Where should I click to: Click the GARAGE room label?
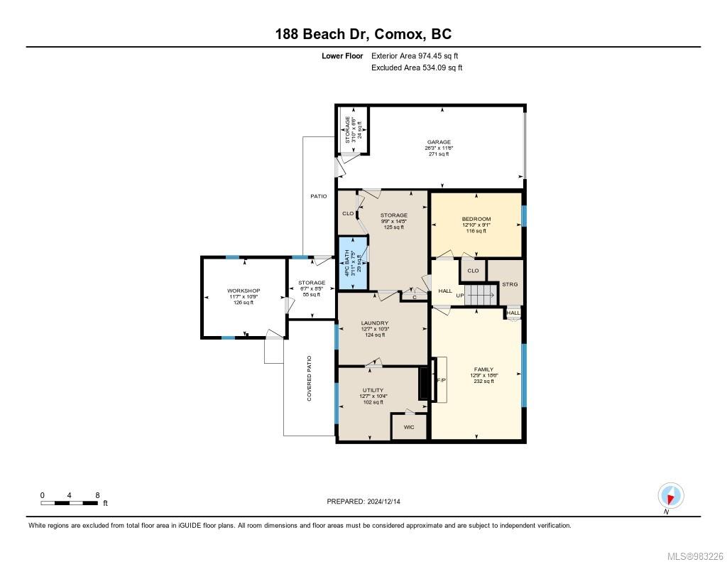point(438,142)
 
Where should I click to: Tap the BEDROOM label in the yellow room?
point(476,219)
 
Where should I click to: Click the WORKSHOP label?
point(244,291)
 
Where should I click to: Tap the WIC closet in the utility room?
point(409,427)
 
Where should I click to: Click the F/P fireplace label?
point(440,380)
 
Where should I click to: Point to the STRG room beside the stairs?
point(509,284)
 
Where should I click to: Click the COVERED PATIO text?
point(310,379)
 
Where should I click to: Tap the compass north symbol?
point(670,495)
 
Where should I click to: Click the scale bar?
point(70,502)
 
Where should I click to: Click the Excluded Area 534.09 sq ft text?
point(417,68)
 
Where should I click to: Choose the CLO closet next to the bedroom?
point(473,271)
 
